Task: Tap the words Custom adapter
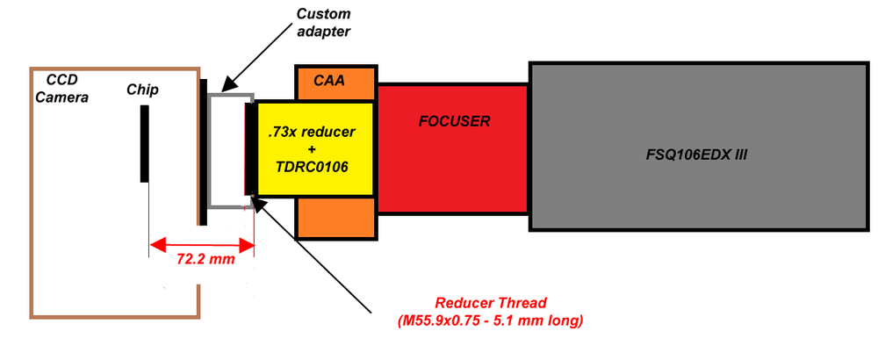323,22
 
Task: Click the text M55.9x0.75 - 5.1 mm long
489,320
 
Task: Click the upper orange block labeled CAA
336,82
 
